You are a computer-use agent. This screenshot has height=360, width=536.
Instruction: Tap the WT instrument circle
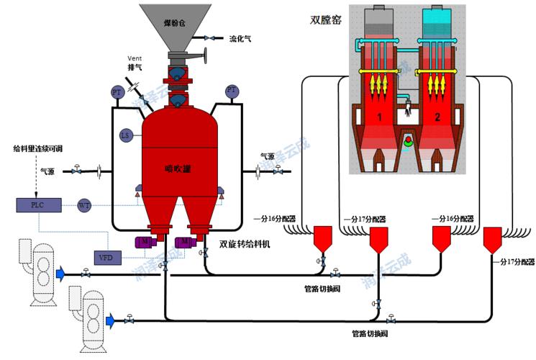pos(84,206)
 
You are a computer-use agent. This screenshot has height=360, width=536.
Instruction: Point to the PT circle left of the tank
pos(117,92)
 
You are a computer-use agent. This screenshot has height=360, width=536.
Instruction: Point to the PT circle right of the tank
pos(232,91)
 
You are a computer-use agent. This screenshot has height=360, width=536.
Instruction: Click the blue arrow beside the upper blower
pos(63,272)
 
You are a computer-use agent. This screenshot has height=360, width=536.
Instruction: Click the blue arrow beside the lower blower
pos(110,319)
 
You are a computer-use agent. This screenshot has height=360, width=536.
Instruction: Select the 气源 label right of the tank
pos(267,156)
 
